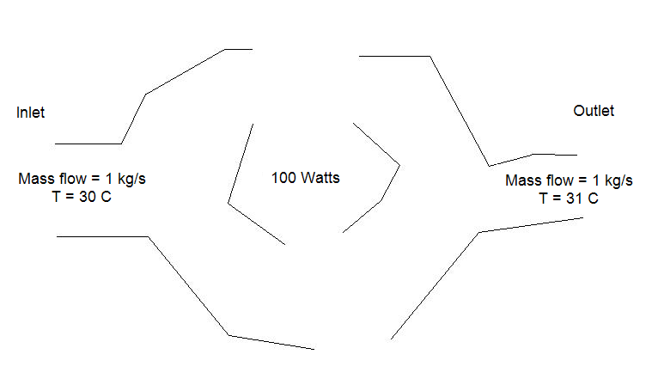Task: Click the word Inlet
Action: (x=30, y=113)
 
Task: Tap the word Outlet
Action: (x=594, y=112)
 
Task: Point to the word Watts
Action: (x=320, y=179)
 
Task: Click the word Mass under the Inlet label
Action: (x=34, y=180)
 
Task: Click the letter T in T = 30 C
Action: (x=57, y=197)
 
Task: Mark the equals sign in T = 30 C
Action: (x=70, y=198)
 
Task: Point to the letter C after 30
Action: (x=106, y=197)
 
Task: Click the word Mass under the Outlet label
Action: (x=521, y=180)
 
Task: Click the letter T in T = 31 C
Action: (x=544, y=199)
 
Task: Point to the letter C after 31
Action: (x=594, y=199)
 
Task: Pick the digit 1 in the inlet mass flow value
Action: (x=107, y=180)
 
